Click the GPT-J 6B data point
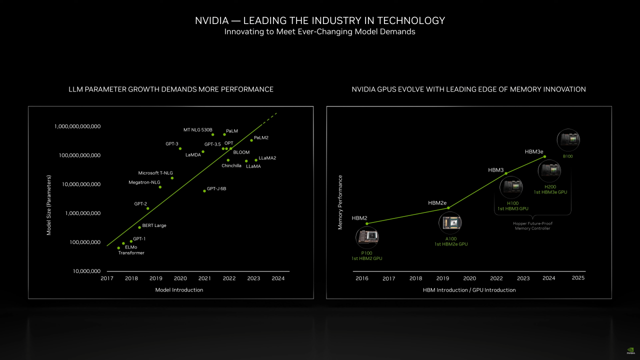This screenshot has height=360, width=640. tap(204, 191)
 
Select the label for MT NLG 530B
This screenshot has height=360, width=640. tap(198, 130)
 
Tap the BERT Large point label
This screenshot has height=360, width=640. tap(154, 225)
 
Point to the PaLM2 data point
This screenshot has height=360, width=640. tap(251, 140)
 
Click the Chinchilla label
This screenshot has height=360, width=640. tap(231, 165)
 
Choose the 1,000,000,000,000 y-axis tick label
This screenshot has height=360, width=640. tap(77, 126)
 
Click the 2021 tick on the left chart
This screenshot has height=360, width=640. tap(204, 278)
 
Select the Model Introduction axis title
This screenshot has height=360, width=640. tap(179, 290)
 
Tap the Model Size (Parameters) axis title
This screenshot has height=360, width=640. tap(49, 205)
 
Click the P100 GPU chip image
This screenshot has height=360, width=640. tap(367, 237)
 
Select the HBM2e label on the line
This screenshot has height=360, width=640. tap(437, 203)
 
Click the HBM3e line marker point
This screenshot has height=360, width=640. tap(545, 156)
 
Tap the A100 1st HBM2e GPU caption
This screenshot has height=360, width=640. tap(450, 241)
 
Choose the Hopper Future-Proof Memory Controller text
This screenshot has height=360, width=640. tap(532, 226)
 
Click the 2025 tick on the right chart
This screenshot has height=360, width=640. tap(578, 278)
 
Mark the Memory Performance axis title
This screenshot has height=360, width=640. tap(340, 202)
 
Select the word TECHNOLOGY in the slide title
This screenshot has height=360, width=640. tap(411, 20)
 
